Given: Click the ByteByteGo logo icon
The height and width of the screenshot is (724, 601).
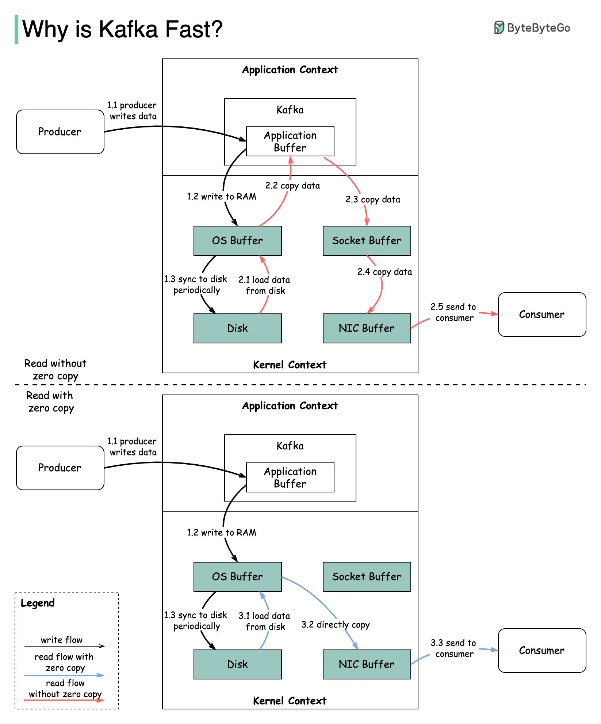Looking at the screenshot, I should pyautogui.click(x=499, y=28).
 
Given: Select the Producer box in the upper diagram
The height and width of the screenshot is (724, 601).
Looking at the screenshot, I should pyautogui.click(x=60, y=132).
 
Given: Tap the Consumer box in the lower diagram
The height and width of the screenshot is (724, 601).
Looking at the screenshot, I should pyautogui.click(x=541, y=651).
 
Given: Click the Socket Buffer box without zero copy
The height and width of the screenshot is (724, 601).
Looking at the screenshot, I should pyautogui.click(x=367, y=241).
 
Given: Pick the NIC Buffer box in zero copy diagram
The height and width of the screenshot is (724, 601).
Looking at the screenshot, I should pyautogui.click(x=367, y=664).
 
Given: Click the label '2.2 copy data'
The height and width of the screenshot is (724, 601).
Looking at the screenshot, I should pyautogui.click(x=292, y=186).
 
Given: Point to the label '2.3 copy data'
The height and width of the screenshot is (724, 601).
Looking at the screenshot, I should pyautogui.click(x=373, y=199).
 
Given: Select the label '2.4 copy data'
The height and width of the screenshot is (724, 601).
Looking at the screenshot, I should pyautogui.click(x=384, y=272).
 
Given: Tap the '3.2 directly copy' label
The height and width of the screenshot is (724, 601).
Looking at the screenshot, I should pyautogui.click(x=335, y=625).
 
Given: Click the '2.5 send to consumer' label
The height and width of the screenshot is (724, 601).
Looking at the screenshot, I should pyautogui.click(x=453, y=312).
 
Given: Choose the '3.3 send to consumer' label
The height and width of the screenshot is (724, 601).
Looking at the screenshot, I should pyautogui.click(x=453, y=648).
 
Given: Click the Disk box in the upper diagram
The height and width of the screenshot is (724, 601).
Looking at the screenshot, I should pyautogui.click(x=237, y=328).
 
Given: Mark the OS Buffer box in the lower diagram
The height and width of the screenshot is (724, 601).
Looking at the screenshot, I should pyautogui.click(x=237, y=577).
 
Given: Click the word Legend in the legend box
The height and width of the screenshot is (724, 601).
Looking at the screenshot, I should pyautogui.click(x=38, y=603).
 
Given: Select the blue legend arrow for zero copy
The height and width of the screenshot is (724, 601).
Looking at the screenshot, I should pyautogui.click(x=64, y=675).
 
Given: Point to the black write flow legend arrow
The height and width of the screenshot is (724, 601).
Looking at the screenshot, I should pyautogui.click(x=64, y=646).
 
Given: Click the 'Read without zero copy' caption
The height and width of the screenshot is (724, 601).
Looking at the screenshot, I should pyautogui.click(x=55, y=369).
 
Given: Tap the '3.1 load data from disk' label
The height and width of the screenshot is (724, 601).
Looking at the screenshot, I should pyautogui.click(x=264, y=621).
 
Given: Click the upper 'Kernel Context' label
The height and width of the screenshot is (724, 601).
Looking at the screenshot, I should pyautogui.click(x=290, y=365).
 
